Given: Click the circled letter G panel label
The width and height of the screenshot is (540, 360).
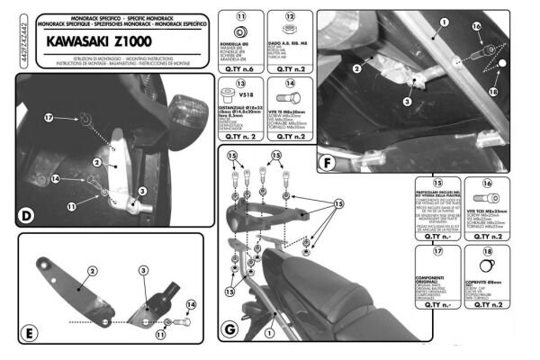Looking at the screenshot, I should coord(231,329).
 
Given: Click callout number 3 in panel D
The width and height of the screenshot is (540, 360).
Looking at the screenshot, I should coord(141,192).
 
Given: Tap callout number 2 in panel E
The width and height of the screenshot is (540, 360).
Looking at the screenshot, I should coord(92,270).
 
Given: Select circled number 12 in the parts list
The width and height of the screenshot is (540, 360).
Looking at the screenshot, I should coord(290,17).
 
